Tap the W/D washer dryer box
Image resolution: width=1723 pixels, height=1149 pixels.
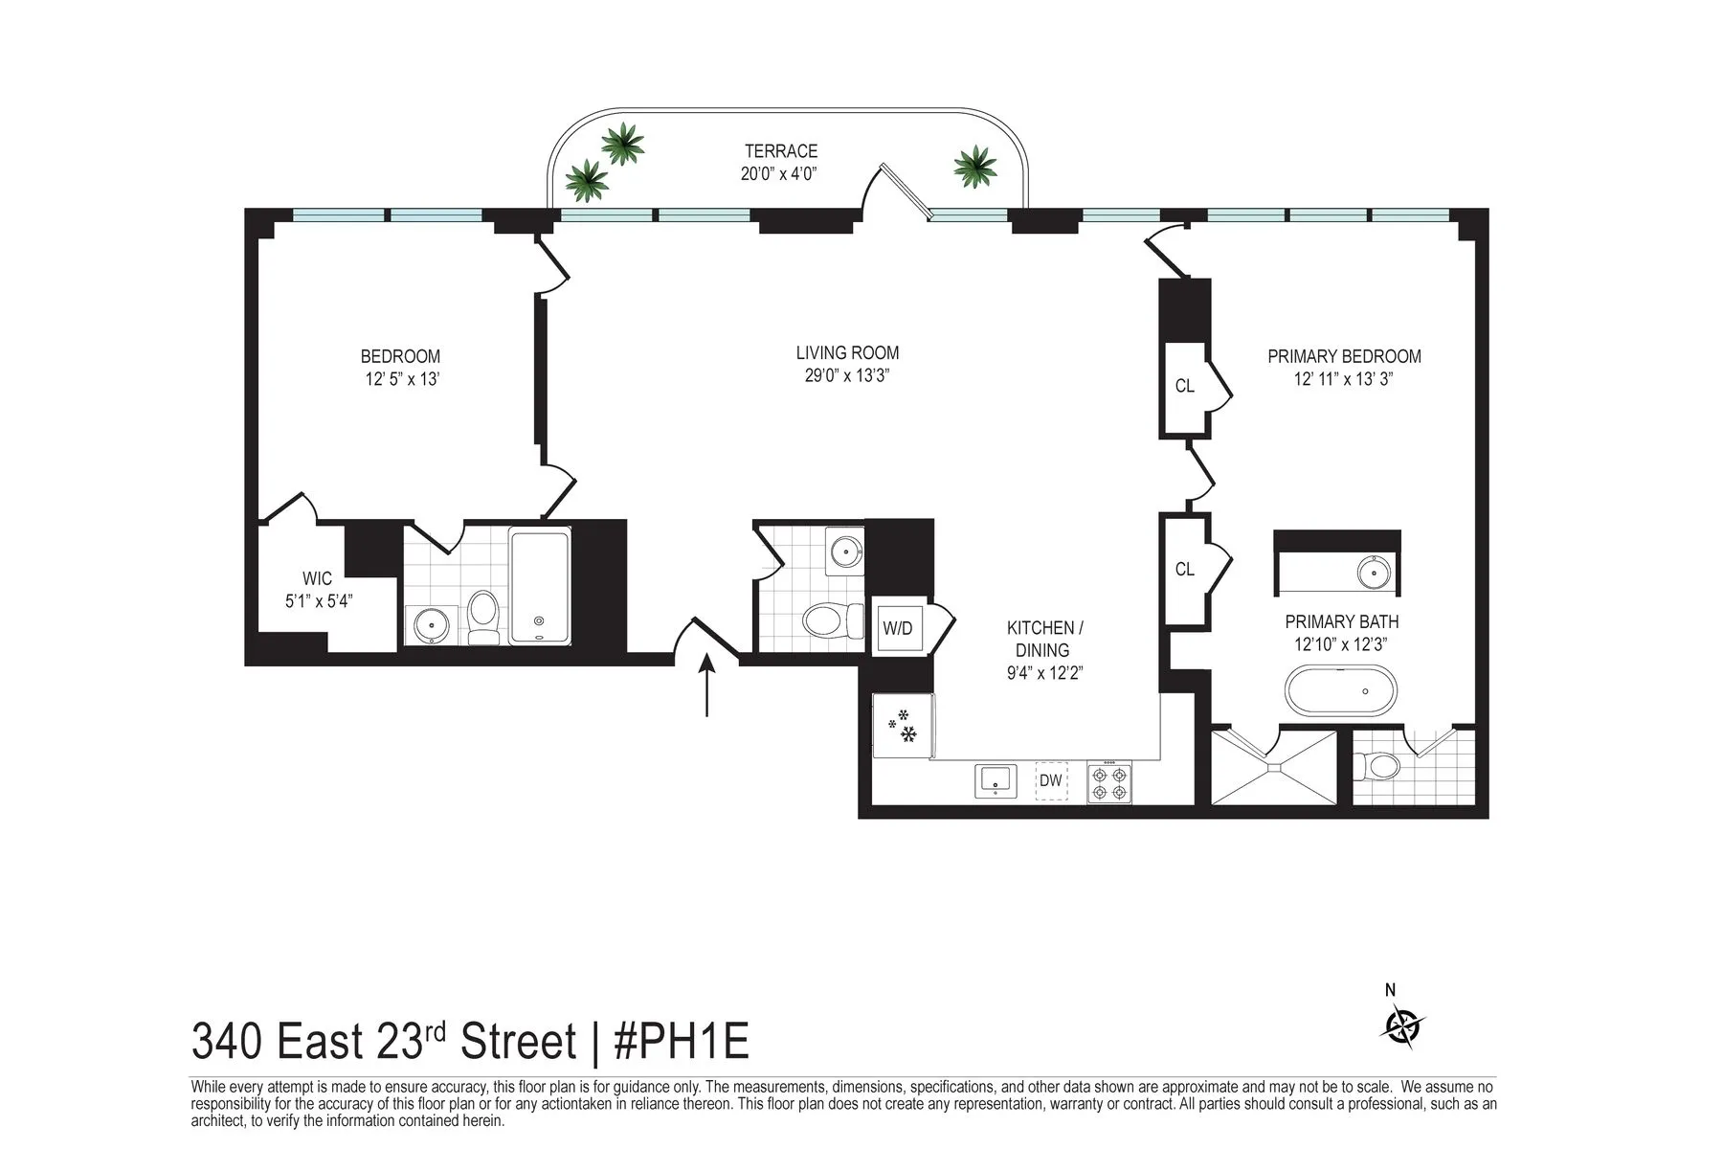pyautogui.click(x=898, y=628)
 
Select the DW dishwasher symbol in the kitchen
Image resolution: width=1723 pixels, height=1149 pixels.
pyautogui.click(x=1051, y=780)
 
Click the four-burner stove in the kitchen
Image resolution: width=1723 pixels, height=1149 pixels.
pyautogui.click(x=1108, y=781)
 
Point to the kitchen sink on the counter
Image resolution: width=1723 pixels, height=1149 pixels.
pyautogui.click(x=996, y=780)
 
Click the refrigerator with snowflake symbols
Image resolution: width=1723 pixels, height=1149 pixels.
pyautogui.click(x=903, y=727)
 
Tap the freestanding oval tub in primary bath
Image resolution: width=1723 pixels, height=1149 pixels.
pyautogui.click(x=1340, y=691)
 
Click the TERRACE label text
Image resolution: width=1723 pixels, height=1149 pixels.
pyautogui.click(x=781, y=151)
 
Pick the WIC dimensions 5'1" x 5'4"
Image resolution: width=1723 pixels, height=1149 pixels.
pyautogui.click(x=319, y=602)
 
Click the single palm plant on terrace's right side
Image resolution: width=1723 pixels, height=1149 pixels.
pyautogui.click(x=974, y=167)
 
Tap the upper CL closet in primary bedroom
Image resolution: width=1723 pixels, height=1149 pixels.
pyautogui.click(x=1185, y=386)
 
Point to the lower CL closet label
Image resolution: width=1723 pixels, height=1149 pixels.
pyautogui.click(x=1185, y=569)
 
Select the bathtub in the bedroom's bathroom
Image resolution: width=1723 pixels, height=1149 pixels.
pyautogui.click(x=539, y=586)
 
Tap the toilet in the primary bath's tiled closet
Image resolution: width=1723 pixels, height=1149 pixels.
pyautogui.click(x=1378, y=765)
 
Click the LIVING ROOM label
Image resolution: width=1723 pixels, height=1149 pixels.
pyautogui.click(x=847, y=353)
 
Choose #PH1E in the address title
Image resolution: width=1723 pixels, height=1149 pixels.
pyautogui.click(x=681, y=1042)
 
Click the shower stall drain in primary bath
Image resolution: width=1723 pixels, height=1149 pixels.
pyautogui.click(x=1273, y=768)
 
